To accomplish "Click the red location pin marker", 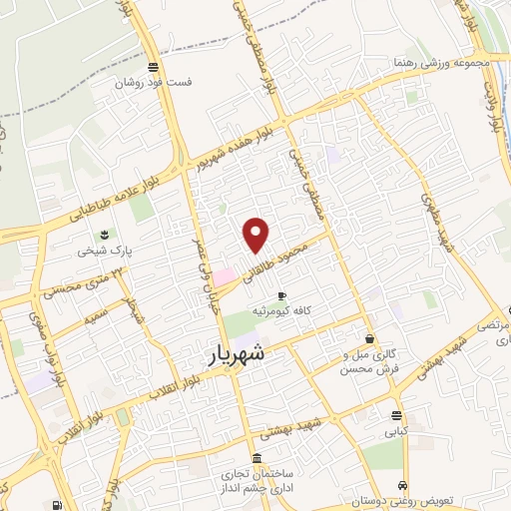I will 256,234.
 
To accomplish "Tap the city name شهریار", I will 240,353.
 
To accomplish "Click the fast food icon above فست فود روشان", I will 152,68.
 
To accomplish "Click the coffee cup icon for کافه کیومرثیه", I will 281,295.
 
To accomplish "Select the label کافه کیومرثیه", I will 307,310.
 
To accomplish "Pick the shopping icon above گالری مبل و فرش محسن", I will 370,338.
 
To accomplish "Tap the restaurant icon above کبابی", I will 397,415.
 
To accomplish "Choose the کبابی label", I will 397,432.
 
